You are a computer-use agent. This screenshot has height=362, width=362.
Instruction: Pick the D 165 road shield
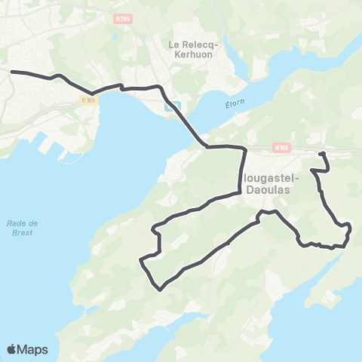(x=89, y=100)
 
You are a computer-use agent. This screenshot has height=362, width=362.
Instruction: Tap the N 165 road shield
(x=281, y=149)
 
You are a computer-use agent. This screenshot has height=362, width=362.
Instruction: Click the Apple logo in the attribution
(x=12, y=349)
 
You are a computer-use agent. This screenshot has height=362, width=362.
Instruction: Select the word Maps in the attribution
(x=33, y=349)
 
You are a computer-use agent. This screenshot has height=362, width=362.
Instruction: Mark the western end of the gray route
(x=11, y=72)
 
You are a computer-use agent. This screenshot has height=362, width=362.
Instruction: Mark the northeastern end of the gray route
(x=321, y=153)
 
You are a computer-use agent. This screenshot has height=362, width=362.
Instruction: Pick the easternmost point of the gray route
(x=351, y=225)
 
